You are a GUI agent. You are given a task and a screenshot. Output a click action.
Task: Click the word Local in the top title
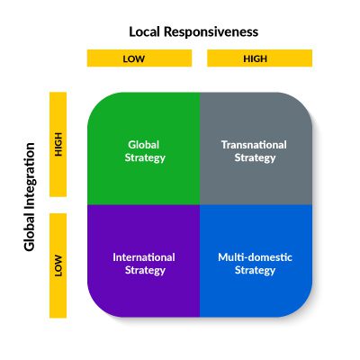[x=146, y=31]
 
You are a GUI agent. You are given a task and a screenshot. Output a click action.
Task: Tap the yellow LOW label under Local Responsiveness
[x=139, y=58]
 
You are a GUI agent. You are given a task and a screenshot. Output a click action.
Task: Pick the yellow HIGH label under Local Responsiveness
[x=259, y=58]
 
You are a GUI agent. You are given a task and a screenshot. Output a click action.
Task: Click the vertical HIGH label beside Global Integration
[x=58, y=144]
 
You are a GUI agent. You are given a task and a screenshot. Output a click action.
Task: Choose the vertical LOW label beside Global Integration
[x=58, y=266]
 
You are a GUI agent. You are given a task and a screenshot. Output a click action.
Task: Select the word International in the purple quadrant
[x=144, y=256]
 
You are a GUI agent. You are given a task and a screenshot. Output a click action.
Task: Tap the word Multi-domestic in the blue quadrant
[x=256, y=256]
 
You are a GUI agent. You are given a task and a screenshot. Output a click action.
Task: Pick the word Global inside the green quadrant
[x=144, y=144]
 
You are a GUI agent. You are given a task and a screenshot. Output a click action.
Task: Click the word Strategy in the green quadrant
[x=144, y=157]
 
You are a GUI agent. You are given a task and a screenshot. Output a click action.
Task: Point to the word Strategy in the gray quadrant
[x=256, y=157]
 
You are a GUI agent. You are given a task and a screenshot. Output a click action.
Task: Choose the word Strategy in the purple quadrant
[x=144, y=270]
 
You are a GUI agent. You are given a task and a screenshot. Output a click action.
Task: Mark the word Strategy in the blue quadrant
[x=256, y=270]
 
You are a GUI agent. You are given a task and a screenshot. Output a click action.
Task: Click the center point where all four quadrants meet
[x=200, y=204]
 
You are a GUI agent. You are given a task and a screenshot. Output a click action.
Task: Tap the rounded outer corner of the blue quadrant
[x=303, y=307]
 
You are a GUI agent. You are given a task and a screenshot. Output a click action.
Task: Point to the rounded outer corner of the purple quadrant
[x=95, y=307]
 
